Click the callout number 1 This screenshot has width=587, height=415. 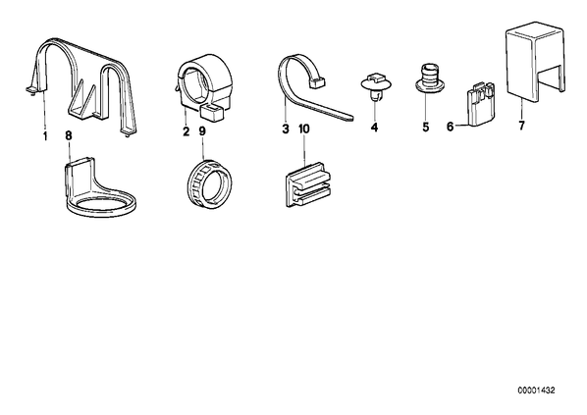click(x=45, y=136)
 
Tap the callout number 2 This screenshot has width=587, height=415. click(x=187, y=131)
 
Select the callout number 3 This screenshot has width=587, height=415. click(x=286, y=130)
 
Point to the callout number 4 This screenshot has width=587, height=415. click(x=374, y=128)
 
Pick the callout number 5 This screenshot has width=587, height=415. click(x=426, y=128)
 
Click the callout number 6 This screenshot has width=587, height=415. click(x=450, y=127)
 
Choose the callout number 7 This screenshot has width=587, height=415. click(x=522, y=126)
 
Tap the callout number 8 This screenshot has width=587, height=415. click(x=68, y=135)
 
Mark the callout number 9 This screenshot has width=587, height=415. click(x=202, y=131)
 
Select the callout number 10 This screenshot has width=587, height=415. click(x=304, y=130)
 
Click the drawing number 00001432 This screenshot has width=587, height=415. click(x=537, y=390)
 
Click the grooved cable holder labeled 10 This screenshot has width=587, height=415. click(x=307, y=183)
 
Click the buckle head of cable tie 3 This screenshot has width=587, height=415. click(x=317, y=82)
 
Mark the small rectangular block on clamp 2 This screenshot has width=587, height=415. click(x=212, y=113)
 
